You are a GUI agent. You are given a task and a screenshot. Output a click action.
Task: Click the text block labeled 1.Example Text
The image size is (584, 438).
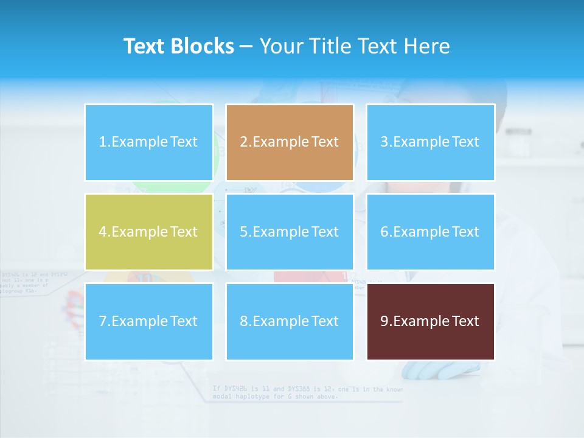coord(148,142)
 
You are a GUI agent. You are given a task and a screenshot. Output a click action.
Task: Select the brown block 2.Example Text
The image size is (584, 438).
coord(290,142)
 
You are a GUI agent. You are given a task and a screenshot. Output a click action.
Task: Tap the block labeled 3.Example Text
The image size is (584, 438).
coord(430,142)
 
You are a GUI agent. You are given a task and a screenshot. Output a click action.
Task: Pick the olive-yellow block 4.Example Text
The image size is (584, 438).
coord(148,232)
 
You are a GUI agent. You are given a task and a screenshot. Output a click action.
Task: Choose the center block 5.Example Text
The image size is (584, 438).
coord(290,232)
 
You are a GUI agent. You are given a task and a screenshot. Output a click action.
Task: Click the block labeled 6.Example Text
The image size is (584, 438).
coord(430,232)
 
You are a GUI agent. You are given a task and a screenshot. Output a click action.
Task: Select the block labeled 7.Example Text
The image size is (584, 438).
coord(148,321)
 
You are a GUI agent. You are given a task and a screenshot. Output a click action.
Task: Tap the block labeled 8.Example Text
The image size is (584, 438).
coord(290,321)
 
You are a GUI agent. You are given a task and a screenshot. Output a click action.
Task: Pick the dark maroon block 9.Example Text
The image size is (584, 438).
coord(430,321)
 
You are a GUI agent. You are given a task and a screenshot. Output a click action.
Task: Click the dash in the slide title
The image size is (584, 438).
coord(247,46)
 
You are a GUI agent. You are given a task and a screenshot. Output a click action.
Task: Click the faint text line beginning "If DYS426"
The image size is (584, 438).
coord(307,388)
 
